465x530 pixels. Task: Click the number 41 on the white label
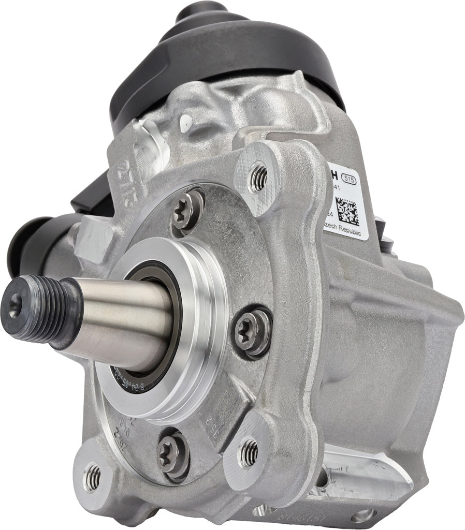tap(337, 189)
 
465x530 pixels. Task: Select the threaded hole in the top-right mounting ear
tap(258, 179)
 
